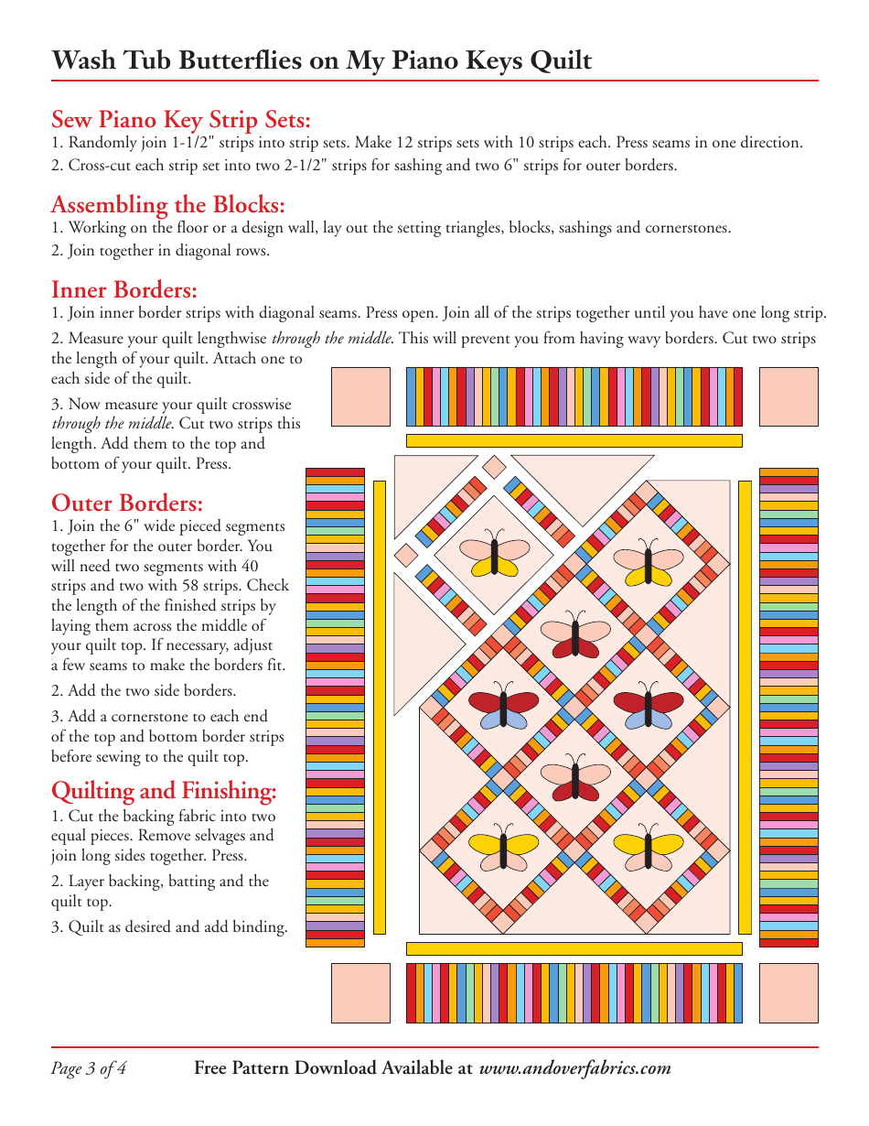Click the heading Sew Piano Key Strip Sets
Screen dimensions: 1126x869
(181, 120)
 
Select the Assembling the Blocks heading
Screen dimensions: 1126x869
(168, 204)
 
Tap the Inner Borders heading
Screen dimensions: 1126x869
(124, 290)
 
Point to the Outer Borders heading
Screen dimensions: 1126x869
(127, 503)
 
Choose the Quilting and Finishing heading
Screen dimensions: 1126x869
(164, 790)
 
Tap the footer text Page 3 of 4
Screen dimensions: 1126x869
(89, 1068)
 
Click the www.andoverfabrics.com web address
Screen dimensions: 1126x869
(574, 1068)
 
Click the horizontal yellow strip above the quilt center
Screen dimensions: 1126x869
(574, 440)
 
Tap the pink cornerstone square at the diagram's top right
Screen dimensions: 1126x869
(789, 397)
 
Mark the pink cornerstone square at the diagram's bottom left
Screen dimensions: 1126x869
(359, 993)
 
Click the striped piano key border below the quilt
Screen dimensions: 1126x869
(574, 993)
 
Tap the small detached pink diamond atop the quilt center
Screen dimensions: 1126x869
(494, 467)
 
